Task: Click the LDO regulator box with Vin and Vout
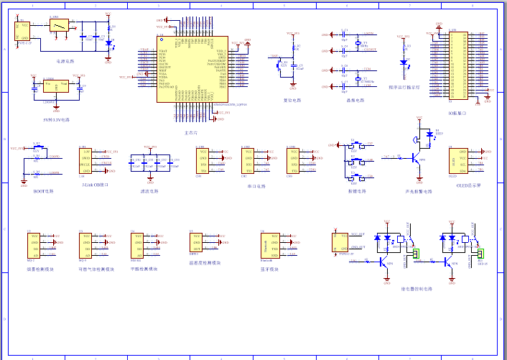(55, 87)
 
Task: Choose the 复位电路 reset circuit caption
(292, 101)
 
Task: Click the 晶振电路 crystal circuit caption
(354, 101)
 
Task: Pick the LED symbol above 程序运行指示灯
(404, 63)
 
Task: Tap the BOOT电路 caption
(44, 191)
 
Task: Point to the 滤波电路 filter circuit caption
(149, 191)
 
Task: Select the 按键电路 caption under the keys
(356, 191)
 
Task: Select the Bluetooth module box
(270, 245)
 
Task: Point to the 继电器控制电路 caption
(417, 288)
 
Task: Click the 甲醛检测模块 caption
(144, 269)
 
